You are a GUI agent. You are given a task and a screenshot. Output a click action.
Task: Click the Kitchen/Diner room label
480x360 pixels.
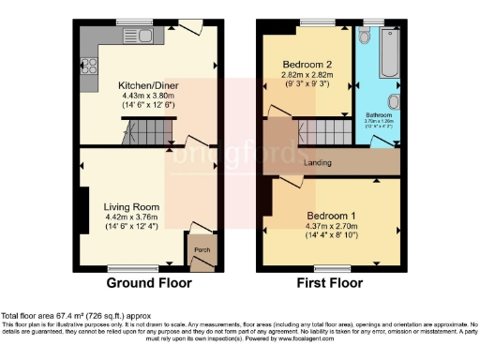tap(150, 85)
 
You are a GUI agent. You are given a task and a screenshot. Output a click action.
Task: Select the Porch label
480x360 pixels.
tap(200, 250)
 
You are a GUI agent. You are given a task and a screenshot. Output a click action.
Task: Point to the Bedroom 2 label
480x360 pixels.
tap(307, 65)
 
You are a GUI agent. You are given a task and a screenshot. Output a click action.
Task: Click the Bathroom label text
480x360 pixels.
tap(378, 115)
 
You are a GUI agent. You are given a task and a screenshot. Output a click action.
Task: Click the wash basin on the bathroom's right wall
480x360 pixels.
tap(396, 101)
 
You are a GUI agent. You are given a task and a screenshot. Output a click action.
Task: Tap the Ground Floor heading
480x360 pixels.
tap(149, 282)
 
